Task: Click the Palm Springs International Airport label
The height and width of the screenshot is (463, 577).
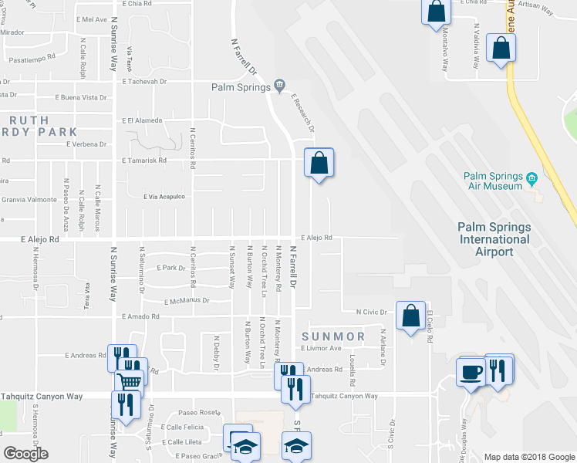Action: (x=494, y=239)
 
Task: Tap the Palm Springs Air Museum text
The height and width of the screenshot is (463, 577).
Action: (x=494, y=181)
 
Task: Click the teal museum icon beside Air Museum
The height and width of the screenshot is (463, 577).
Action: (x=532, y=181)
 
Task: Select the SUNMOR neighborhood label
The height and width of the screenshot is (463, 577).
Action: (x=333, y=337)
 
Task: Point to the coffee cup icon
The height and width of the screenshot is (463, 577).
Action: (x=471, y=372)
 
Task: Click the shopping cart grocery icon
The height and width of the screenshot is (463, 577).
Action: (x=130, y=380)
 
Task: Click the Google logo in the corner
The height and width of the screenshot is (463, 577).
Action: (x=25, y=454)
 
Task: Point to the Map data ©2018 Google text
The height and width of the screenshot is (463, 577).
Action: (x=528, y=457)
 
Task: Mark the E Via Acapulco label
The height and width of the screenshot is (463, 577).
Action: (x=164, y=197)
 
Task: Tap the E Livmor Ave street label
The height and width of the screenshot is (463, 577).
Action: (x=322, y=348)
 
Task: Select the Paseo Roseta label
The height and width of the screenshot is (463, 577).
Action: (x=194, y=412)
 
